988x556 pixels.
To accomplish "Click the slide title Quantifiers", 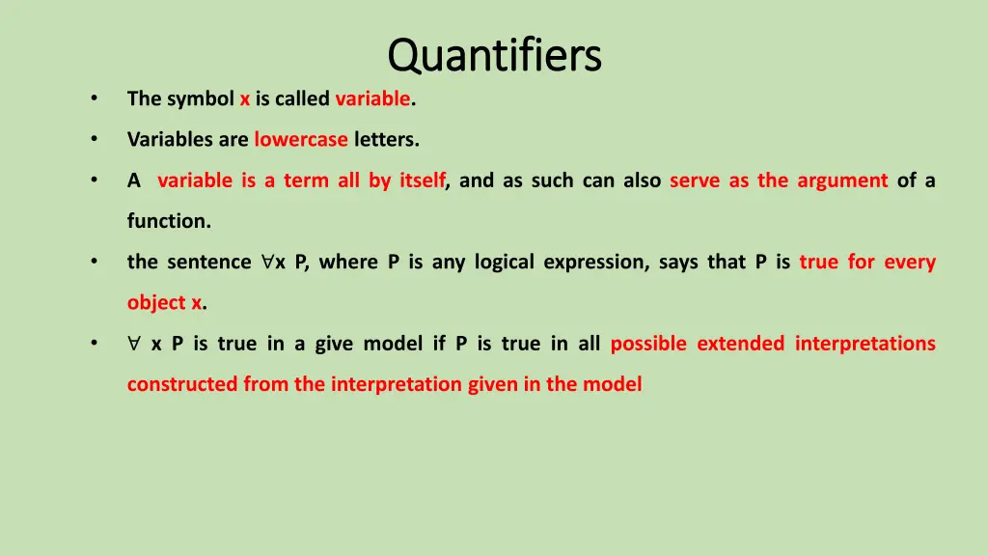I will [x=494, y=55].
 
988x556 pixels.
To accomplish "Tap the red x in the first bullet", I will [x=245, y=98].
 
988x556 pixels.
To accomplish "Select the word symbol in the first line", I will [x=200, y=98].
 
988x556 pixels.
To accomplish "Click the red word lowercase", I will [x=300, y=139].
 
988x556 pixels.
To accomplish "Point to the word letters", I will [x=386, y=139].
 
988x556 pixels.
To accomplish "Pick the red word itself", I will [x=422, y=180].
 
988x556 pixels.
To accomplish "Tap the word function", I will [x=168, y=221].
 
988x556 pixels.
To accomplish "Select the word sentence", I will [x=208, y=262].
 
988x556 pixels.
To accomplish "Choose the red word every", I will [x=910, y=262].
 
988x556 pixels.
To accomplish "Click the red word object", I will [x=157, y=303].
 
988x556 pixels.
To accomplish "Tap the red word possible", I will [x=648, y=344].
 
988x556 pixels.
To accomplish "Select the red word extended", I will [x=740, y=344].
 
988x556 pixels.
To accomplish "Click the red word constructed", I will [x=181, y=384].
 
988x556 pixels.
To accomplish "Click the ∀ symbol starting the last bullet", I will [x=134, y=344].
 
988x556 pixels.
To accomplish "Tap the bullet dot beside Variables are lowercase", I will [x=94, y=139].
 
